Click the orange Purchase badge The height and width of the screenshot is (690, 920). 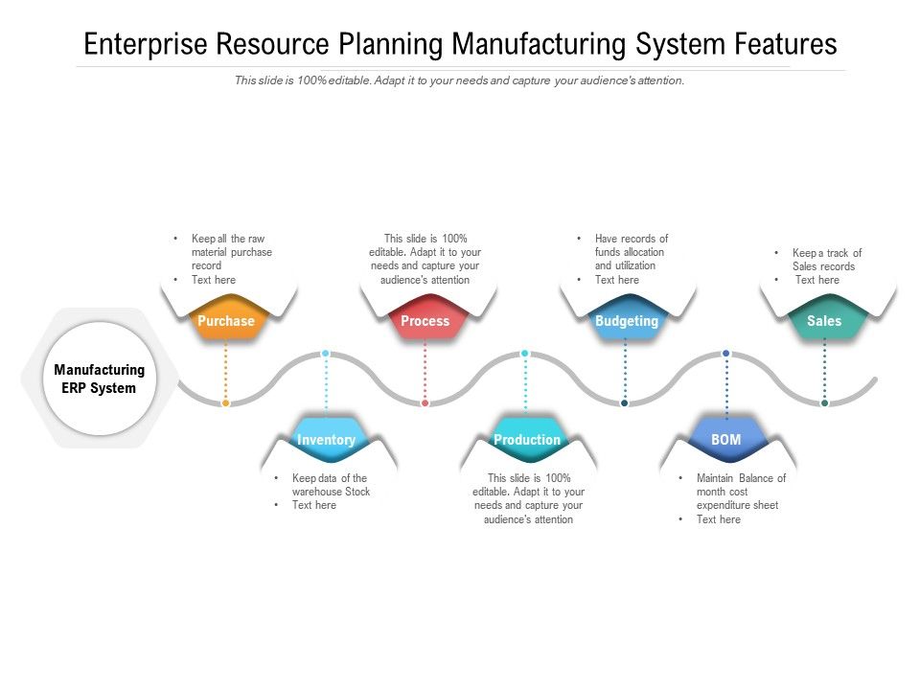coord(226,321)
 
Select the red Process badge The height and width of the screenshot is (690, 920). coord(425,321)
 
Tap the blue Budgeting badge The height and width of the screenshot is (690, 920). coord(626,321)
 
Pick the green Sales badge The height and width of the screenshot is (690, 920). coord(824,321)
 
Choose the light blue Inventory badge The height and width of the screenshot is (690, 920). coord(326,440)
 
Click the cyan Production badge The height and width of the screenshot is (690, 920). coord(526,440)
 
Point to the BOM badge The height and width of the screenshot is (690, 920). coord(725,440)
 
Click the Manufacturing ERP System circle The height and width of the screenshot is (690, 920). coord(100,379)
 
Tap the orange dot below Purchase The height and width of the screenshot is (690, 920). coord(225,403)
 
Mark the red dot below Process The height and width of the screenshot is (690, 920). coord(425,403)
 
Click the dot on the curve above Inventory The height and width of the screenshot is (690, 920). coord(326,354)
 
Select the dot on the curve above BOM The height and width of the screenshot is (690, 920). coord(725,354)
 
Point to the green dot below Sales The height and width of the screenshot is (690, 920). coord(824,403)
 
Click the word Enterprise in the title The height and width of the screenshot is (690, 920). coord(145,44)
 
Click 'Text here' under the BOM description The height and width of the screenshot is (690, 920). coord(719,519)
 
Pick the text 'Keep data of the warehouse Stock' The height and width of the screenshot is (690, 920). coord(331,485)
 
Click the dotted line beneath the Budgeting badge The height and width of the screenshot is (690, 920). coord(625,369)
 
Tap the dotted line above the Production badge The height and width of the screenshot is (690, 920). coord(525,388)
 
